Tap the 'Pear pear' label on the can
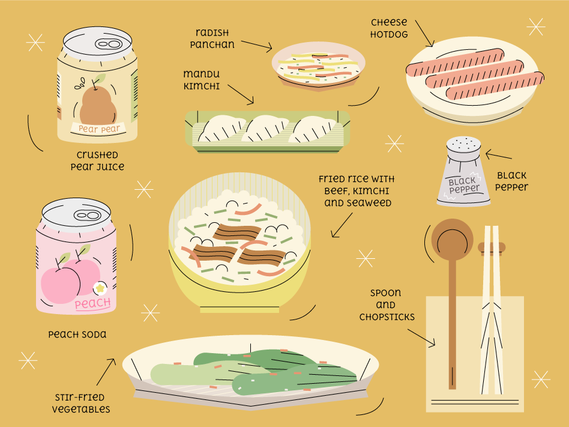tap(99, 128)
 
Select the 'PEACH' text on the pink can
tap(92, 303)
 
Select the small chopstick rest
tap(492, 247)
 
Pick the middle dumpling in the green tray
tap(267, 129)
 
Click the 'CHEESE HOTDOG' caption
tap(388, 28)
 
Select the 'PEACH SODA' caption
tap(77, 334)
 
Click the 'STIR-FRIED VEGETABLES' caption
tap(80, 403)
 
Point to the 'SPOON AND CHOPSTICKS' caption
tap(387, 305)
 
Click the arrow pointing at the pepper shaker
tap(498, 157)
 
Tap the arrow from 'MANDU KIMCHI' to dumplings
tap(240, 93)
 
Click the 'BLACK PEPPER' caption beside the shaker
tap(511, 181)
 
